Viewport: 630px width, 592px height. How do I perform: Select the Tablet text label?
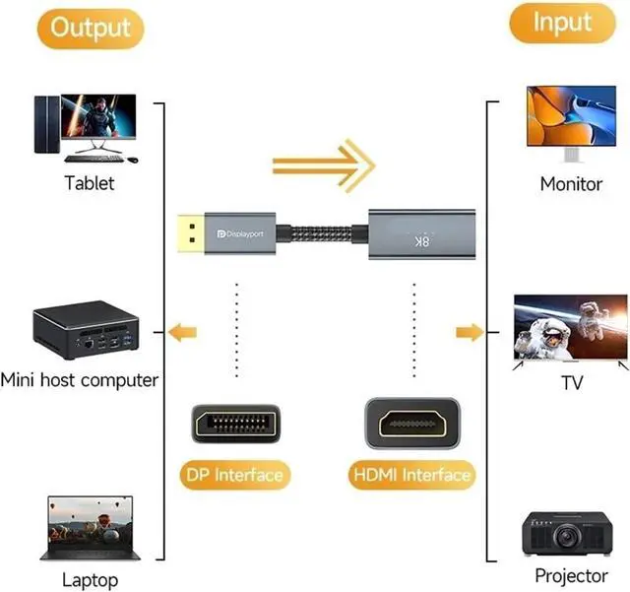tap(89, 182)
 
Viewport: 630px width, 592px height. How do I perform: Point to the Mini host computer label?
tap(80, 379)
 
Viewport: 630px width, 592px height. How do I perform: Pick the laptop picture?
tap(89, 528)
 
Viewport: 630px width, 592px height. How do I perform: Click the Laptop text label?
tap(90, 579)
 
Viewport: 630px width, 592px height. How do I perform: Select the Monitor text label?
tap(571, 183)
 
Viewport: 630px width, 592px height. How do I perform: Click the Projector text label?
tap(571, 575)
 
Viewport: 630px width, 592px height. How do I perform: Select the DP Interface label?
tap(234, 475)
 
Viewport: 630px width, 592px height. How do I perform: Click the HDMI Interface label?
tap(411, 475)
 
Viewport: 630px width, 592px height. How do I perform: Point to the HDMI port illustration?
tap(411, 424)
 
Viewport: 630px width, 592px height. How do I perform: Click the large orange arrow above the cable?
tap(324, 159)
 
